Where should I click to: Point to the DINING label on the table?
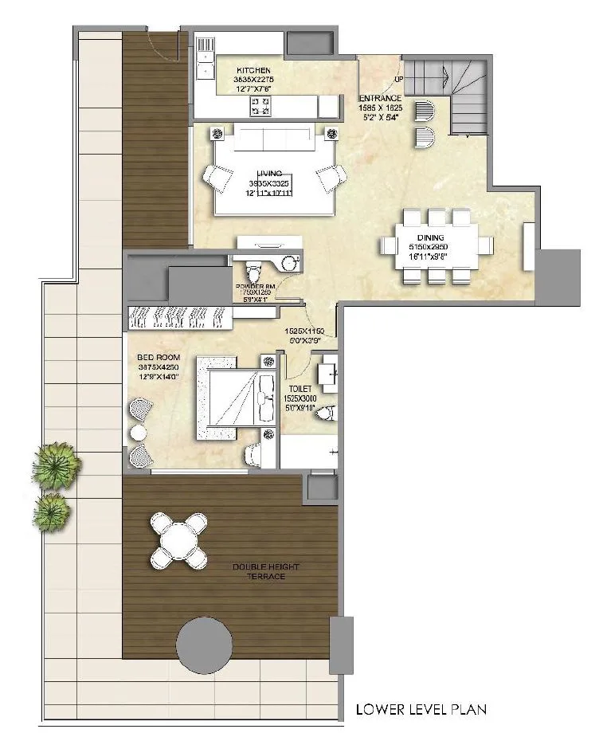[431, 237]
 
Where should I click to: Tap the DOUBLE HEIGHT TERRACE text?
[259, 571]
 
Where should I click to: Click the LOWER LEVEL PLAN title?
[421, 708]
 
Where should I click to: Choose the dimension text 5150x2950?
[430, 247]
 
